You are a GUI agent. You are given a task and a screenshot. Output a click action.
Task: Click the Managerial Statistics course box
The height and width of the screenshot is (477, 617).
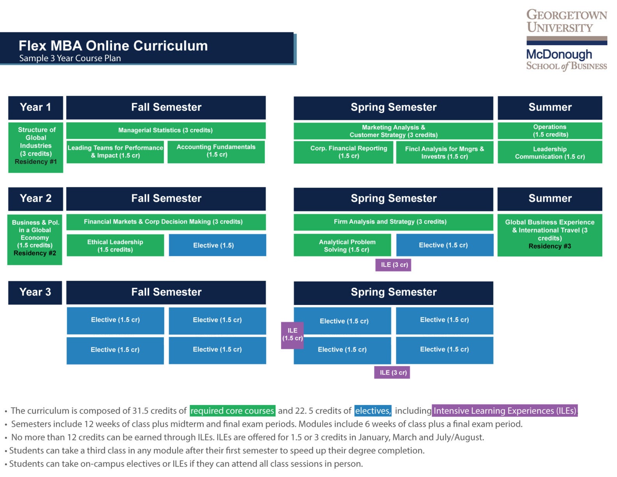point(166,130)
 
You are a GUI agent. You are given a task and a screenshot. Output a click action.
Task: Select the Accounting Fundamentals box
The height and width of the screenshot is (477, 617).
point(216,151)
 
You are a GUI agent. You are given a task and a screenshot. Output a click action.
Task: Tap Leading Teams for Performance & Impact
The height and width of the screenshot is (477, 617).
point(115,152)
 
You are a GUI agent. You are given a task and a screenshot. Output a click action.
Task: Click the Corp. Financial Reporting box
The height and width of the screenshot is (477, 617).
point(343,152)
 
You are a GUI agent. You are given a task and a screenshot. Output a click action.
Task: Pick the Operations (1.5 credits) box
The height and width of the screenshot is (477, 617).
point(550,131)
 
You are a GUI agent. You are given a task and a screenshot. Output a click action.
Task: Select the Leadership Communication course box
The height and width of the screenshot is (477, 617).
point(550,152)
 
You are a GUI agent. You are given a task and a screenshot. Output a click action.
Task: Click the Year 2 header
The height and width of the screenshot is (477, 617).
point(35,199)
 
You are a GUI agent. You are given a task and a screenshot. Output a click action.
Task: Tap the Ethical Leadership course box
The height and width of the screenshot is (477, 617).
point(115,245)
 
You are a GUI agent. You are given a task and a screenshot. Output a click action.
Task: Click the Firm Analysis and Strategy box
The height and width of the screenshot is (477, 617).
point(393,222)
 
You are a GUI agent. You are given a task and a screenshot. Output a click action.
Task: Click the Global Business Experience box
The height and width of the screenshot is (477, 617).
point(550,234)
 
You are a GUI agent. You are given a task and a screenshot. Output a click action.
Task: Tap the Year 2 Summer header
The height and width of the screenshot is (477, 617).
point(550,199)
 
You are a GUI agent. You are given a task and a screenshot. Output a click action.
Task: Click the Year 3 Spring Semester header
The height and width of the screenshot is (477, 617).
point(393,292)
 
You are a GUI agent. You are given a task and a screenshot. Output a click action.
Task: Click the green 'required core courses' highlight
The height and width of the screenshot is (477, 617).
point(232,411)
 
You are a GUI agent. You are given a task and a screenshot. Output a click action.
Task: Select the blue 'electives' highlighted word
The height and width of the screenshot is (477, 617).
point(373,411)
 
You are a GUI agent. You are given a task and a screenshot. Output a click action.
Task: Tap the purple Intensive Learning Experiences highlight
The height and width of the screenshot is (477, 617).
point(504,411)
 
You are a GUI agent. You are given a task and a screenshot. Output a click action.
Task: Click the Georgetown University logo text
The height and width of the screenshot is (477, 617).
point(566,21)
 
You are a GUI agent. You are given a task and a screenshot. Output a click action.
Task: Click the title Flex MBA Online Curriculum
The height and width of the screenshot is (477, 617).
point(113,46)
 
